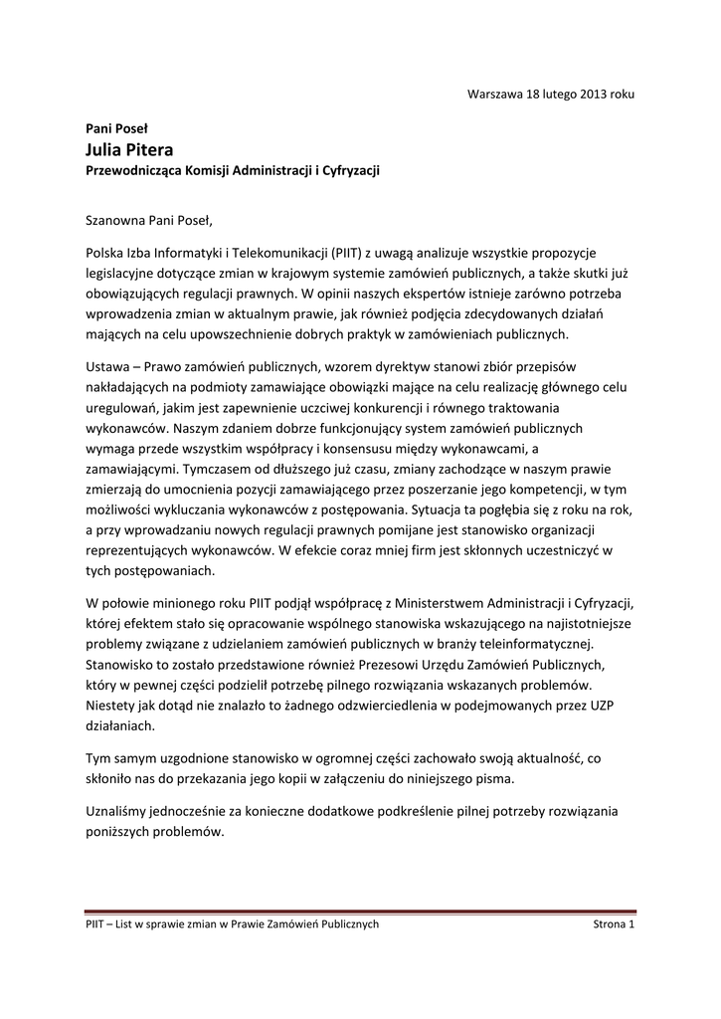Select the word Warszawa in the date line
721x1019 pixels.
493,94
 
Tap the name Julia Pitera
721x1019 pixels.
128,149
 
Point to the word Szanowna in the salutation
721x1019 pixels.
116,219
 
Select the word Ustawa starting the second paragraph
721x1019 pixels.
106,367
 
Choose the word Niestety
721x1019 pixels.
112,706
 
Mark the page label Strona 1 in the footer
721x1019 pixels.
614,924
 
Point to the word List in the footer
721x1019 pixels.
126,924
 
